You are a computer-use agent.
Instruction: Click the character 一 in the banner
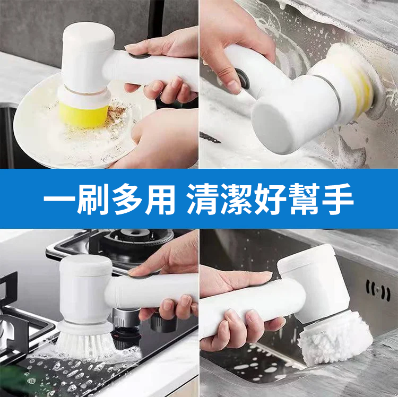[59, 198]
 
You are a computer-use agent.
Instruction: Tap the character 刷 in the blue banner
[93, 198]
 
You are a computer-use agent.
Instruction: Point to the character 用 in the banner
[160, 198]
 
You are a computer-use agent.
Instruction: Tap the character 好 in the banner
[270, 198]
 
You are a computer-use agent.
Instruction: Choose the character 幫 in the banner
[304, 198]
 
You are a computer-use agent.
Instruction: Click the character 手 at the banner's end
[338, 198]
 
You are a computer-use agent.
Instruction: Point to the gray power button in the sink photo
[243, 79]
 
